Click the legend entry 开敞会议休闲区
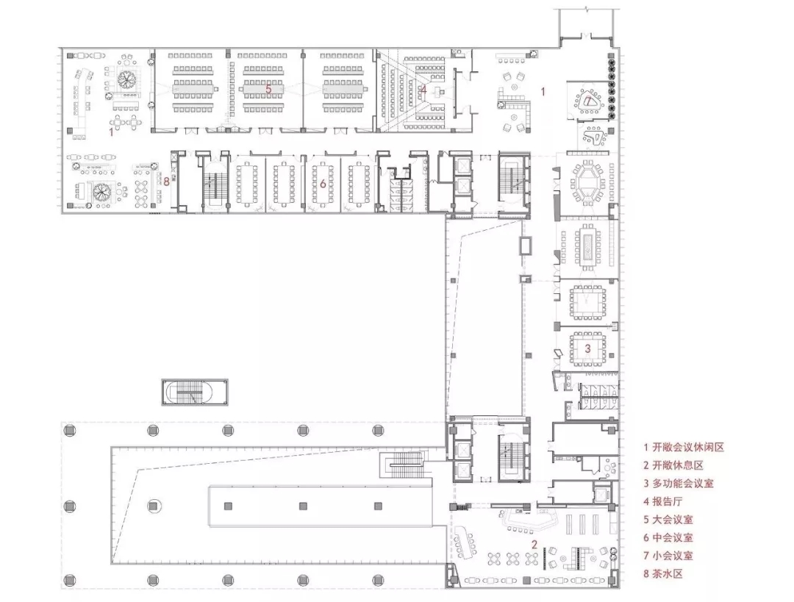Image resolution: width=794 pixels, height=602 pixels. (684, 447)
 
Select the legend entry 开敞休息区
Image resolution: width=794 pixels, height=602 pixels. (678, 465)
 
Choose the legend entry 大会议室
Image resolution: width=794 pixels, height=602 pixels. (673, 520)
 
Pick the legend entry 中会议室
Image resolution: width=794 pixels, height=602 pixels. (673, 538)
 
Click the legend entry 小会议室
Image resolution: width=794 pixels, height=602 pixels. (673, 556)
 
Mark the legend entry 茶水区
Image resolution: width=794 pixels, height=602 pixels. (668, 574)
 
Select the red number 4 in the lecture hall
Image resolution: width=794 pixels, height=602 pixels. (423, 90)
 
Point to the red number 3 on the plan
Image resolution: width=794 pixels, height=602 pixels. (587, 348)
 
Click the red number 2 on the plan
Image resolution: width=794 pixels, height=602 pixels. (534, 545)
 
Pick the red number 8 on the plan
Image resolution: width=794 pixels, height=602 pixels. (167, 182)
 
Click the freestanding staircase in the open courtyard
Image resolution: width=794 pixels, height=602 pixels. (195, 392)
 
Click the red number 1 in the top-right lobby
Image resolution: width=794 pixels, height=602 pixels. (543, 92)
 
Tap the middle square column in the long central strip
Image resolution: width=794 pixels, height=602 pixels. (302, 505)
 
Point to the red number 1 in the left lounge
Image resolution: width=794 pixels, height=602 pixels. (111, 132)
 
